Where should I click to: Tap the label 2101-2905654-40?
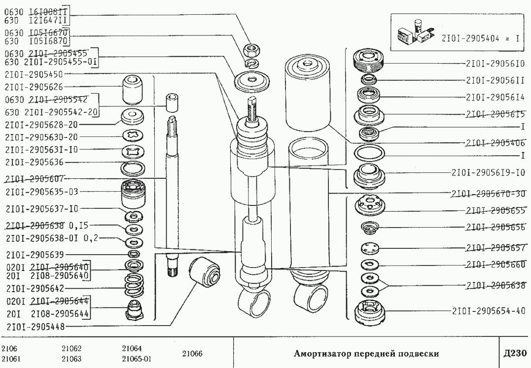tap(488, 311)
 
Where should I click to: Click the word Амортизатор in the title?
tap(321, 353)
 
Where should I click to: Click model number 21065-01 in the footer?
tap(136, 358)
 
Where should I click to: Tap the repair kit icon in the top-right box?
tap(414, 34)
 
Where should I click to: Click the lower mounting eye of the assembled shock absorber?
tap(254, 301)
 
